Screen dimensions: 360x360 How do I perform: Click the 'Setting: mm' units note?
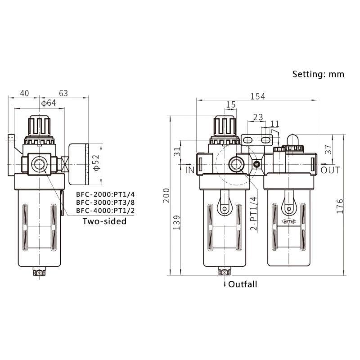(318, 74)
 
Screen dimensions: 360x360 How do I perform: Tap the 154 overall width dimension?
(258, 96)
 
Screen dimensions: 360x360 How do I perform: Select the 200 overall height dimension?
(167, 196)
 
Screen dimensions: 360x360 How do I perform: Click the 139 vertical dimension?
(177, 223)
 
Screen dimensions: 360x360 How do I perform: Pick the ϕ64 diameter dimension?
(48, 103)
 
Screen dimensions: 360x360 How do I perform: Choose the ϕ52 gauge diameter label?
(95, 163)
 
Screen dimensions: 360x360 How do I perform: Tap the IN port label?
(189, 170)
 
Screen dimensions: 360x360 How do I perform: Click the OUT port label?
(331, 170)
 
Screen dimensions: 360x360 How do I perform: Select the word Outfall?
(243, 284)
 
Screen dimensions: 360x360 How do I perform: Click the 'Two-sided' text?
(104, 221)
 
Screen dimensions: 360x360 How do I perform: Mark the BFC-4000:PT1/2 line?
(105, 210)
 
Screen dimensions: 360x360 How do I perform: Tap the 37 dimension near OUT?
(328, 149)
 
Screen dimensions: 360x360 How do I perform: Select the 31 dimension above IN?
(177, 152)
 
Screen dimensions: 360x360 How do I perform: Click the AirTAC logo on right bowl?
(288, 221)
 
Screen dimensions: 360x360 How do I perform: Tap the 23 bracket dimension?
(258, 117)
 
